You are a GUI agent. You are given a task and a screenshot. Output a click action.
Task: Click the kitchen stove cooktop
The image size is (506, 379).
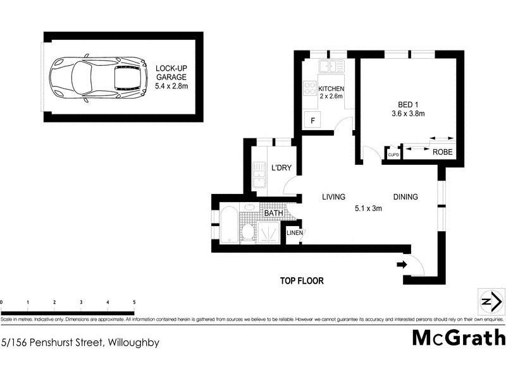pos(310,88)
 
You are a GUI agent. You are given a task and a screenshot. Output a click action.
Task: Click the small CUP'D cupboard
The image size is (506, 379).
pos(392,153)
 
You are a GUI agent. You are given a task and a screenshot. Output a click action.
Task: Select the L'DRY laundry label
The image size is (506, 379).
pos(280,169)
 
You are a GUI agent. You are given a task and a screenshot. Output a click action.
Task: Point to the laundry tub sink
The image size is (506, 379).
pos(259,175)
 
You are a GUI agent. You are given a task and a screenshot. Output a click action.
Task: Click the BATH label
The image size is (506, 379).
pos(273,213)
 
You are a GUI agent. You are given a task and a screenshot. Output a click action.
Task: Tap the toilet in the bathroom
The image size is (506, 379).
pos(249,232)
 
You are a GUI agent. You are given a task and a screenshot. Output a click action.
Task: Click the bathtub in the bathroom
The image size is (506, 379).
pos(229,224)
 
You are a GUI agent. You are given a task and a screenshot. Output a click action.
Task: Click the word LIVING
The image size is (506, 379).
pos(333,197)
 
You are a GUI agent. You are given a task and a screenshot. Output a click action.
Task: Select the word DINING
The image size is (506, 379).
pos(405,197)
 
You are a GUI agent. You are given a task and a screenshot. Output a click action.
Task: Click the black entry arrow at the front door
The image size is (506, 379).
pos(401,264)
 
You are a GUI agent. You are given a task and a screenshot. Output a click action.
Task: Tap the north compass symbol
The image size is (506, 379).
pos(488,301)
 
